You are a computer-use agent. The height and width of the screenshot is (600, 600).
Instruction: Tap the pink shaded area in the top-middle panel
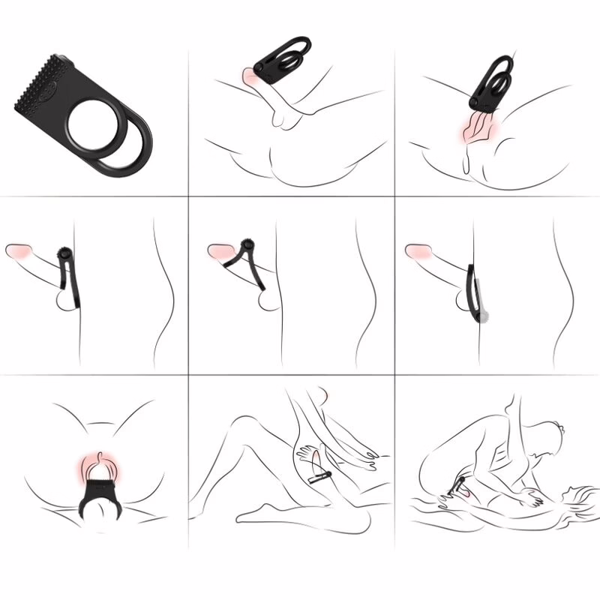[250, 75]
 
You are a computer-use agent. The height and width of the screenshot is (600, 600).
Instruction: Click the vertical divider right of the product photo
[187, 97]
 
